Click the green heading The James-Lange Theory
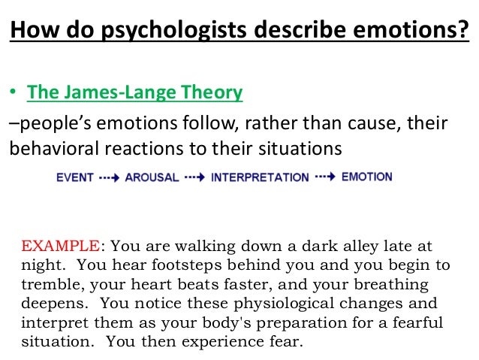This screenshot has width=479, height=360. pos(135,92)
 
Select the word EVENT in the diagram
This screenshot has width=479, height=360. pos(75,178)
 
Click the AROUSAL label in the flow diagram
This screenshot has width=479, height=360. pos(152,178)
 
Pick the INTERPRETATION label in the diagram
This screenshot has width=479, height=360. pos(260,178)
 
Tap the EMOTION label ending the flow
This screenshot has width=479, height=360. pos(366,177)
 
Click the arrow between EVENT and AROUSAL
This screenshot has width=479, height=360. pos(110,178)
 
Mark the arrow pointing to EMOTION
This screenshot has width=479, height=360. pos(325,177)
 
